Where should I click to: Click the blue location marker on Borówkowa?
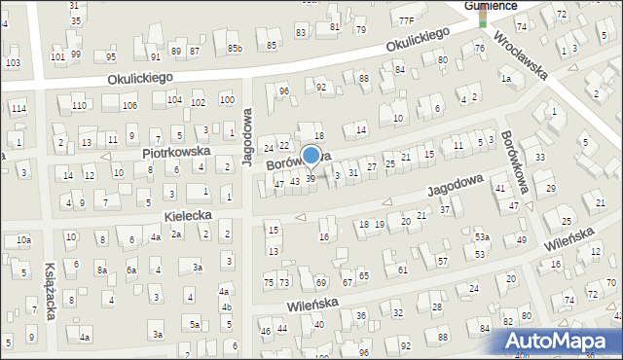pyautogui.click(x=311, y=155)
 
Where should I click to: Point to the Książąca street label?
pyautogui.click(x=52, y=291)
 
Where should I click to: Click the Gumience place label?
pyautogui.click(x=490, y=5)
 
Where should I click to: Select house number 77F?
pyautogui.click(x=406, y=20)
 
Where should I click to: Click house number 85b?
pyautogui.click(x=235, y=48)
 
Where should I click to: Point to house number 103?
pyautogui.click(x=13, y=62)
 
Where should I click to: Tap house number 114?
pyautogui.click(x=18, y=108)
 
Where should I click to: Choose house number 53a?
pyautogui.click(x=481, y=237)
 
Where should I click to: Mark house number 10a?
pyautogui.click(x=23, y=239)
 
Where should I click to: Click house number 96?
pyautogui.click(x=284, y=91)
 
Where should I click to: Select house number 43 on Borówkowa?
pyautogui.click(x=294, y=182)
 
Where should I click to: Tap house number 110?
pyautogui.click(x=79, y=105)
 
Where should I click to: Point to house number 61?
pyautogui.click(x=403, y=270)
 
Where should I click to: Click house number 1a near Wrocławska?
pyautogui.click(x=505, y=79)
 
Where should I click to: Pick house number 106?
pyautogui.click(x=129, y=105)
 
